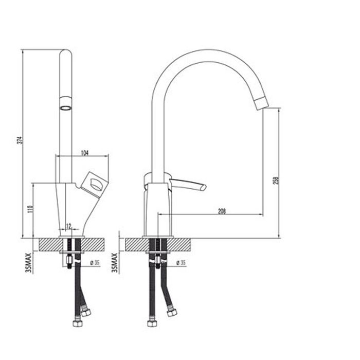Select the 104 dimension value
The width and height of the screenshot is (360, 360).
click(x=85, y=153)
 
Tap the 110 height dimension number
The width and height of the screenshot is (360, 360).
click(x=30, y=210)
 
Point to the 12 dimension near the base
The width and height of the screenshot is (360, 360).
click(x=68, y=225)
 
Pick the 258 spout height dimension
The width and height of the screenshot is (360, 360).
click(x=276, y=181)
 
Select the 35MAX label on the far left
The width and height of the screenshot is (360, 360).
click(x=29, y=263)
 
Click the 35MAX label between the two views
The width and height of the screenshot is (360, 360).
click(x=115, y=263)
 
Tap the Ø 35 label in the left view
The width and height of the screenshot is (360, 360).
click(x=94, y=263)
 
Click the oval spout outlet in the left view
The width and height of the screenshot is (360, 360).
click(x=65, y=108)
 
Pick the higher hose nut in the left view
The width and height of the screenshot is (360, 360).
click(x=86, y=311)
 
